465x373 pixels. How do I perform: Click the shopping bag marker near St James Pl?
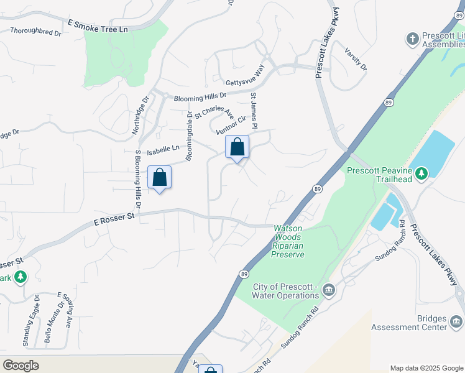point(237,147)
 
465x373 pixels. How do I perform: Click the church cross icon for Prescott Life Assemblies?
point(412,39)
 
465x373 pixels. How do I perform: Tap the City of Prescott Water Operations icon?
point(329,290)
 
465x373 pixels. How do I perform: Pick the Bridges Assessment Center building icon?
point(456,321)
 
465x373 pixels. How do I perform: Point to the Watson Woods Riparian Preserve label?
point(288,241)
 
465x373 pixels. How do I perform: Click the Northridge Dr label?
point(140,115)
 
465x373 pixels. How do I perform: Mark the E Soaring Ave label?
point(65,309)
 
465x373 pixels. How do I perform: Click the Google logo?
point(21,365)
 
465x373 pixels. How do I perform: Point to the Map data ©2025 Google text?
point(426,368)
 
